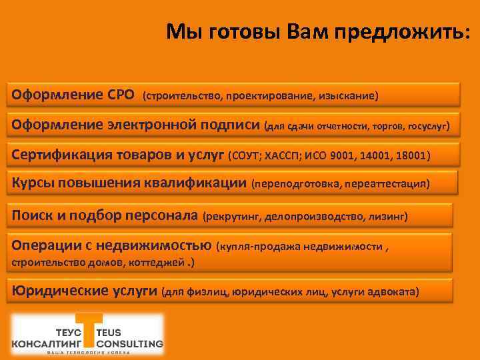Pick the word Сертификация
[59, 155]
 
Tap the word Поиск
[31, 215]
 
